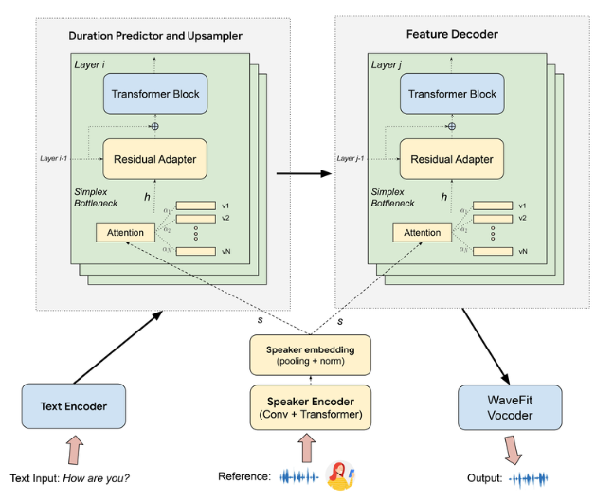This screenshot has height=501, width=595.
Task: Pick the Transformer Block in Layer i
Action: (x=155, y=95)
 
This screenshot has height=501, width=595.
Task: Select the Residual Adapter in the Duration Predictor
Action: (x=155, y=159)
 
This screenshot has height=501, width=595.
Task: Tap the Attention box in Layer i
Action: (x=125, y=232)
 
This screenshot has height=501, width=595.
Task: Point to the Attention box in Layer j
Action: (x=422, y=232)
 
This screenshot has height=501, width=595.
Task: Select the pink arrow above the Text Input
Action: (x=72, y=448)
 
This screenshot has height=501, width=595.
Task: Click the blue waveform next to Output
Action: (x=529, y=479)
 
